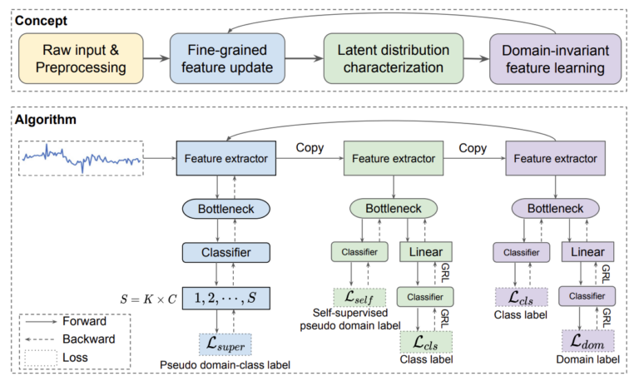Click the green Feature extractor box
[x=390, y=156]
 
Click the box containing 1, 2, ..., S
[x=225, y=296]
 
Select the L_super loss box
[x=225, y=343]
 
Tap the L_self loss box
[x=355, y=295]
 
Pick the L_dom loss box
[x=588, y=340]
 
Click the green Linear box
[x=425, y=250]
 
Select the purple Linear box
[x=588, y=250]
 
